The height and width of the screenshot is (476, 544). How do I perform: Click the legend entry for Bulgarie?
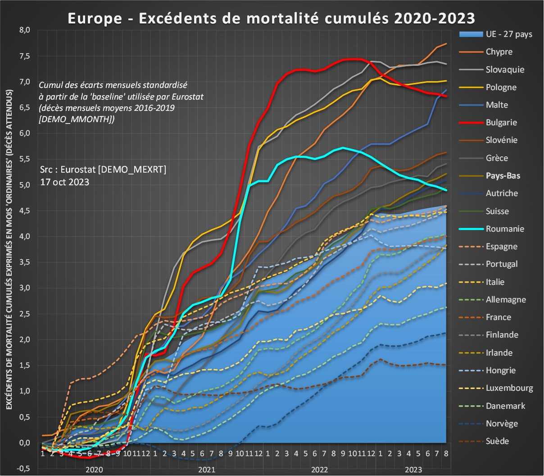501,123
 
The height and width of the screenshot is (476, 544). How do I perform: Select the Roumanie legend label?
505,229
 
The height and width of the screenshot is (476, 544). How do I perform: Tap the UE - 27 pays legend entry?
509,34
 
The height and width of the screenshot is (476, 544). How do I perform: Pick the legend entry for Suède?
497,441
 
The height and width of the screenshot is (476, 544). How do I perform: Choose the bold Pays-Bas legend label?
503,176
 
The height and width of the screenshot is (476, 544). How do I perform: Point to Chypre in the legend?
499,52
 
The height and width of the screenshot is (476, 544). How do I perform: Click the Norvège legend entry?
502,424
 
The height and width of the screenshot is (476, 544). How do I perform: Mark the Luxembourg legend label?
509,388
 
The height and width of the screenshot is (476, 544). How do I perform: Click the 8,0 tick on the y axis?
24,30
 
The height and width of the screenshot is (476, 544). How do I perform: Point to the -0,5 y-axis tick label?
23,469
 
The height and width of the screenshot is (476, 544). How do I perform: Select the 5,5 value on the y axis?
24,159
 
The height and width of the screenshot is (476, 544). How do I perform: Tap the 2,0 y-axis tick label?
24,339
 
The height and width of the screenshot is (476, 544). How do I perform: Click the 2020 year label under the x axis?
94,470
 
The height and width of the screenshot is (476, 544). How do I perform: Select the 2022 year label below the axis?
320,470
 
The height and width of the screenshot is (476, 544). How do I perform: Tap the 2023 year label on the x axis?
413,470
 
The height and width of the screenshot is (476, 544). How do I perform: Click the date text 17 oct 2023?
64,182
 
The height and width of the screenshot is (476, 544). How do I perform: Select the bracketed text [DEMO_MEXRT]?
131,169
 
